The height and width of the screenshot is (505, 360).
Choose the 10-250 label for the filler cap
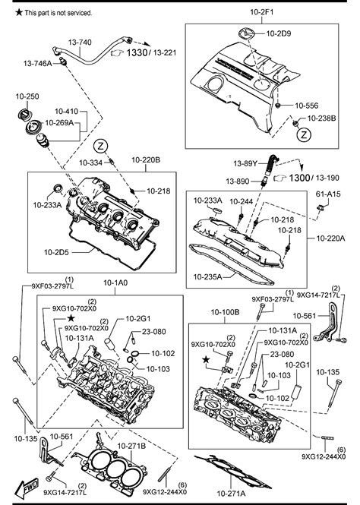pos(27,96)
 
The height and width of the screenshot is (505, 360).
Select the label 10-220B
pos(145,160)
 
